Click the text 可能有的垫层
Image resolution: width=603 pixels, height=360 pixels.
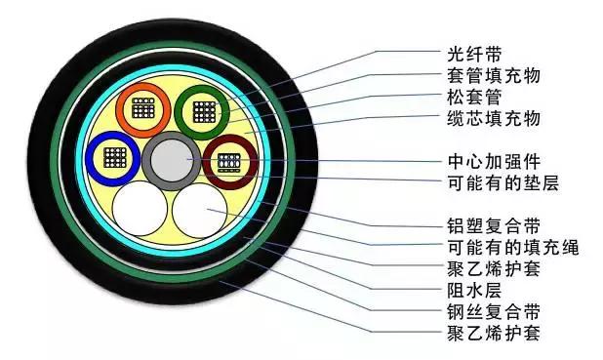(x=491, y=183)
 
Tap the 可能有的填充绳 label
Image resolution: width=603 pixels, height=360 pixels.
(x=499, y=246)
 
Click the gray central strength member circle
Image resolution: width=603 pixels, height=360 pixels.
(x=174, y=159)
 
